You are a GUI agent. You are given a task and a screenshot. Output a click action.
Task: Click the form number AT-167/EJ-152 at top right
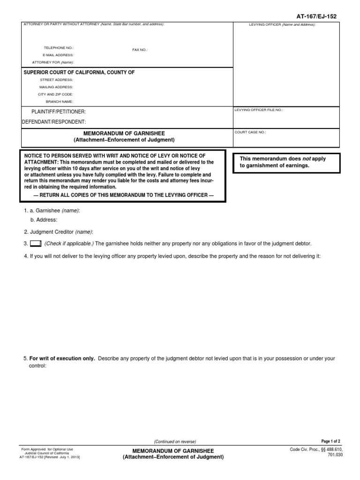click(x=317, y=16)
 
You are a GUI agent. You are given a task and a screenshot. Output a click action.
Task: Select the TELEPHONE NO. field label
click(x=59, y=48)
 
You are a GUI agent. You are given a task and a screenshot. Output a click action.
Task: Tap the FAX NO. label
click(x=140, y=49)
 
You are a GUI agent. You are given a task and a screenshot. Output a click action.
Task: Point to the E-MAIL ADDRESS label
click(x=58, y=55)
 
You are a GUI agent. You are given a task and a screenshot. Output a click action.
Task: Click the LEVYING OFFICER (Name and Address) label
click(x=282, y=24)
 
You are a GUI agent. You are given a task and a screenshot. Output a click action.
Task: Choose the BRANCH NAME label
click(x=59, y=101)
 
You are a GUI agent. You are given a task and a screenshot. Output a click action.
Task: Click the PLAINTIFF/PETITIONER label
click(x=59, y=112)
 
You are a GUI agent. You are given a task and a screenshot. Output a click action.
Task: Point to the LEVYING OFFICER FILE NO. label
click(x=259, y=110)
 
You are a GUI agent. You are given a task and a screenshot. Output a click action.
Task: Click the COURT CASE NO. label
click(x=250, y=132)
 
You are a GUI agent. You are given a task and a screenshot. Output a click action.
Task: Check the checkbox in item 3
click(x=36, y=244)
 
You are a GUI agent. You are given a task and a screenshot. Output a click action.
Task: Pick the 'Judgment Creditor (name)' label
click(x=61, y=232)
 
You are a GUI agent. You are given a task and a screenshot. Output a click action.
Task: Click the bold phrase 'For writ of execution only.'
click(x=62, y=359)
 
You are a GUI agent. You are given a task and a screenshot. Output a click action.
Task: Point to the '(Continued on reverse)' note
click(x=175, y=442)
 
